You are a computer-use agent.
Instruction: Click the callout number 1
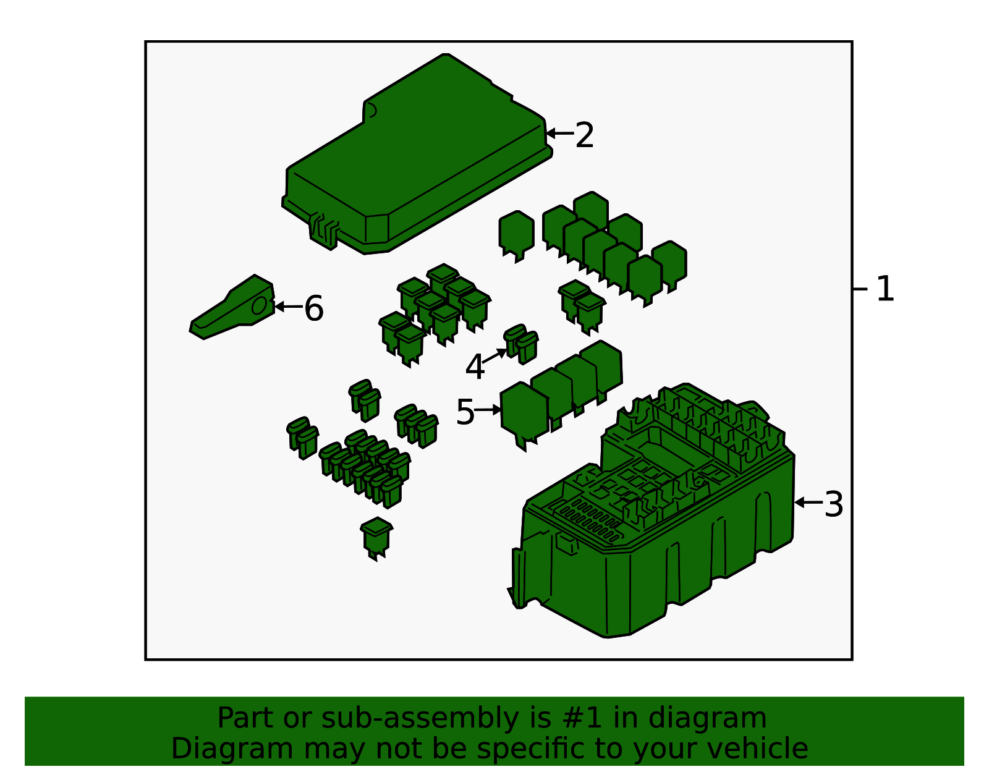pyautogui.click(x=885, y=289)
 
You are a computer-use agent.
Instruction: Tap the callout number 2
pyautogui.click(x=584, y=135)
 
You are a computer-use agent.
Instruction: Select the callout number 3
pyautogui.click(x=834, y=504)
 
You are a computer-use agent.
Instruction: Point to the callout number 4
pyautogui.click(x=475, y=367)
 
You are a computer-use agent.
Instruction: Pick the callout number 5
pyautogui.click(x=465, y=412)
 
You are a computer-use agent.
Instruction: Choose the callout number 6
pyautogui.click(x=313, y=308)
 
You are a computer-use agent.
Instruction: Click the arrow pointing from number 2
pyautogui.click(x=559, y=134)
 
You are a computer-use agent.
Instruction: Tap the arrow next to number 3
pyautogui.click(x=809, y=503)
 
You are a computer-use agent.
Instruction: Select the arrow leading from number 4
pyautogui.click(x=494, y=356)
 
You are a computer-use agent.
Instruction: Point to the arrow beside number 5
pyautogui.click(x=488, y=410)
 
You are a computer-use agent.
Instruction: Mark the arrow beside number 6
pyautogui.click(x=289, y=307)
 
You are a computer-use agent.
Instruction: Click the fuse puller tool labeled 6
pyautogui.click(x=232, y=307)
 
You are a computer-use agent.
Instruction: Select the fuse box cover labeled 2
pyautogui.click(x=417, y=154)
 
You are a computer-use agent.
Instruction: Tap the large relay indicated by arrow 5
pyautogui.click(x=524, y=416)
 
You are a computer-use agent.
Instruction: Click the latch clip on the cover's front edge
pyautogui.click(x=324, y=232)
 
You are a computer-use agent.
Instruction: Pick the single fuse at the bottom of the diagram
pyautogui.click(x=376, y=538)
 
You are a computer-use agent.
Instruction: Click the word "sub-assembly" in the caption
pyautogui.click(x=418, y=718)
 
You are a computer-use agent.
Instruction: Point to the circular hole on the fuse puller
pyautogui.click(x=259, y=306)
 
